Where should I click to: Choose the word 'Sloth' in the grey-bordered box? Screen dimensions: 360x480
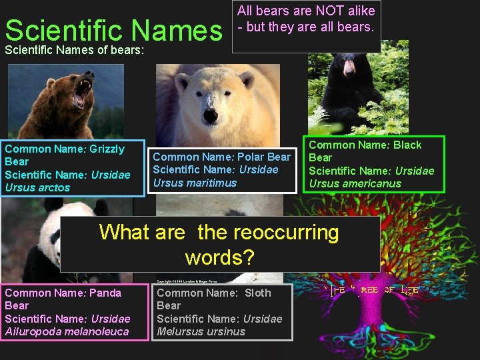pyautogui.click(x=257, y=293)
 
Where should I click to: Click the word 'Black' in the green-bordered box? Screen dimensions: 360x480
pyautogui.click(x=407, y=145)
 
